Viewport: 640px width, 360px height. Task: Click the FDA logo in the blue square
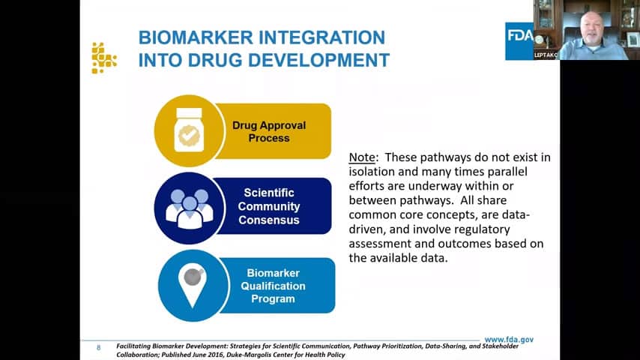519,41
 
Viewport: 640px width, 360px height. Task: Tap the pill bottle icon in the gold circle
189,130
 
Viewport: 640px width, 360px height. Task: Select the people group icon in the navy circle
190,208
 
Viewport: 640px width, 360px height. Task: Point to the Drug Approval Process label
269,131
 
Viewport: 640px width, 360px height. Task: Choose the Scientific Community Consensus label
269,206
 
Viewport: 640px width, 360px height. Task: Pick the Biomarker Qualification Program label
273,286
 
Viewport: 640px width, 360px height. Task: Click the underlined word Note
362,157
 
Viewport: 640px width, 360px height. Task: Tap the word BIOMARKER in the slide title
196,37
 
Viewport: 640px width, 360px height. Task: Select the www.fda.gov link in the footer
509,340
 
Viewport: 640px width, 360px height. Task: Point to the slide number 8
98,348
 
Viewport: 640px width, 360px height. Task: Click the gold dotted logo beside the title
104,58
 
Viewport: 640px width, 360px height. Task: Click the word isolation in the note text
372,172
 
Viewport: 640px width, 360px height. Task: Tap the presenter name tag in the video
546,55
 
